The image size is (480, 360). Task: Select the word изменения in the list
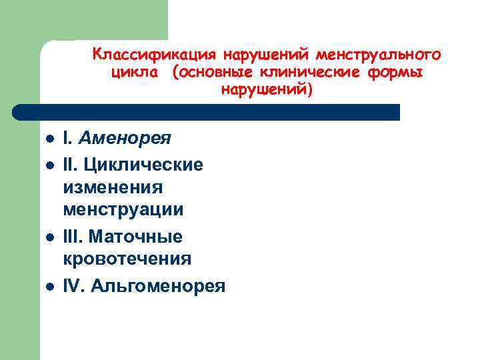[x=113, y=187]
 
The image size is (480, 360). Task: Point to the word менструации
[x=123, y=210]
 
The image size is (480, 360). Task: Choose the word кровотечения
[x=127, y=259]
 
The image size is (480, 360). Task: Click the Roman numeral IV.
[x=73, y=286]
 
